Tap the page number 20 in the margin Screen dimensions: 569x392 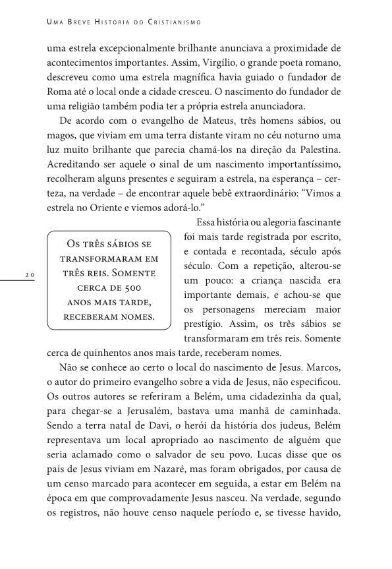[30, 273]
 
